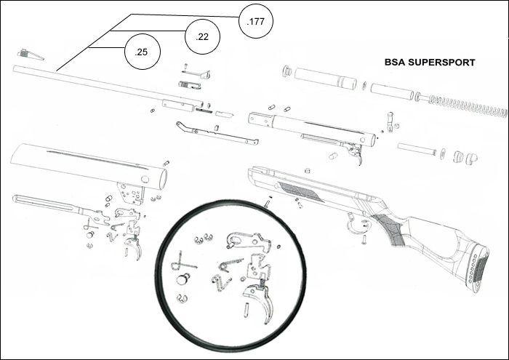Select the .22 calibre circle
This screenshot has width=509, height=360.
(204, 36)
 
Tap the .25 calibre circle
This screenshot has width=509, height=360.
(142, 51)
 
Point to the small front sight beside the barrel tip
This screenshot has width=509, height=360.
(30, 55)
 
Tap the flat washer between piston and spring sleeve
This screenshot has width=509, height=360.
(361, 87)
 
